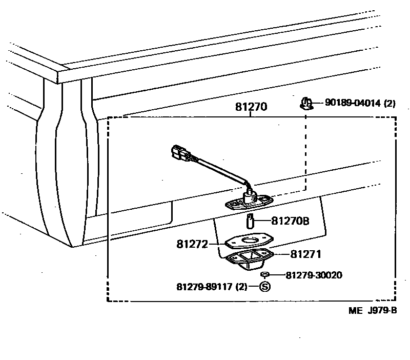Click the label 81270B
(x=290, y=221)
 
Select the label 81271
(x=306, y=254)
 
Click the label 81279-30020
(x=314, y=275)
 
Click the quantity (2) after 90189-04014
(x=389, y=103)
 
